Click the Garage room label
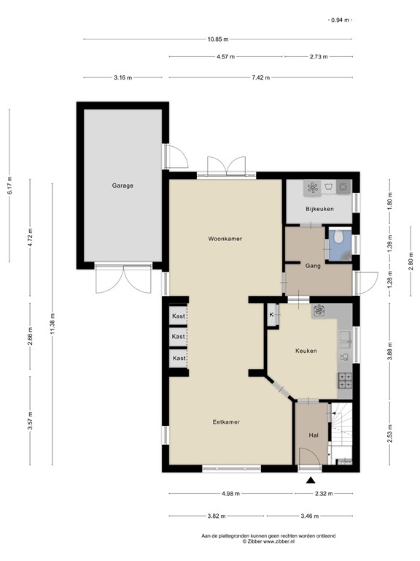(x=122, y=186)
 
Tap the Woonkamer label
(x=225, y=239)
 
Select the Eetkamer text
(x=226, y=422)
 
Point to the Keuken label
(x=306, y=351)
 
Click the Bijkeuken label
(x=319, y=209)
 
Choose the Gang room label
(x=313, y=266)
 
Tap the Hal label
(x=314, y=435)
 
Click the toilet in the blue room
(x=338, y=237)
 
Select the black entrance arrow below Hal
(x=311, y=481)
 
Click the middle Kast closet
(x=178, y=337)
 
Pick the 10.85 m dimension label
(x=218, y=39)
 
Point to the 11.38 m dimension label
(x=52, y=324)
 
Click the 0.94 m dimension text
(x=340, y=20)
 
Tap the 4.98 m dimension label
(x=230, y=494)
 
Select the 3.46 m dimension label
(x=310, y=516)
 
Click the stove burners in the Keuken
(x=345, y=381)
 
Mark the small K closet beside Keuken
(x=273, y=315)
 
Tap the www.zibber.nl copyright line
(x=268, y=542)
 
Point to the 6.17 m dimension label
(x=9, y=186)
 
